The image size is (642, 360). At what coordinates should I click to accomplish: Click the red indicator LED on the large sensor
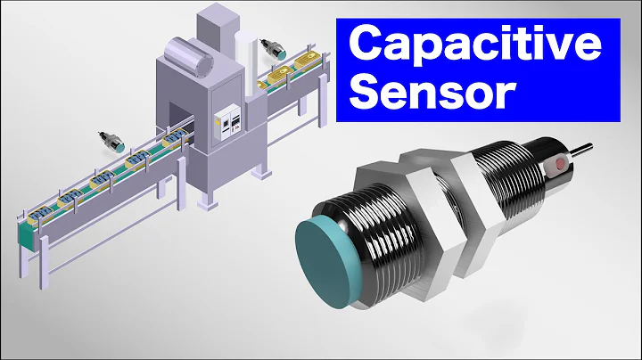[561, 164]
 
